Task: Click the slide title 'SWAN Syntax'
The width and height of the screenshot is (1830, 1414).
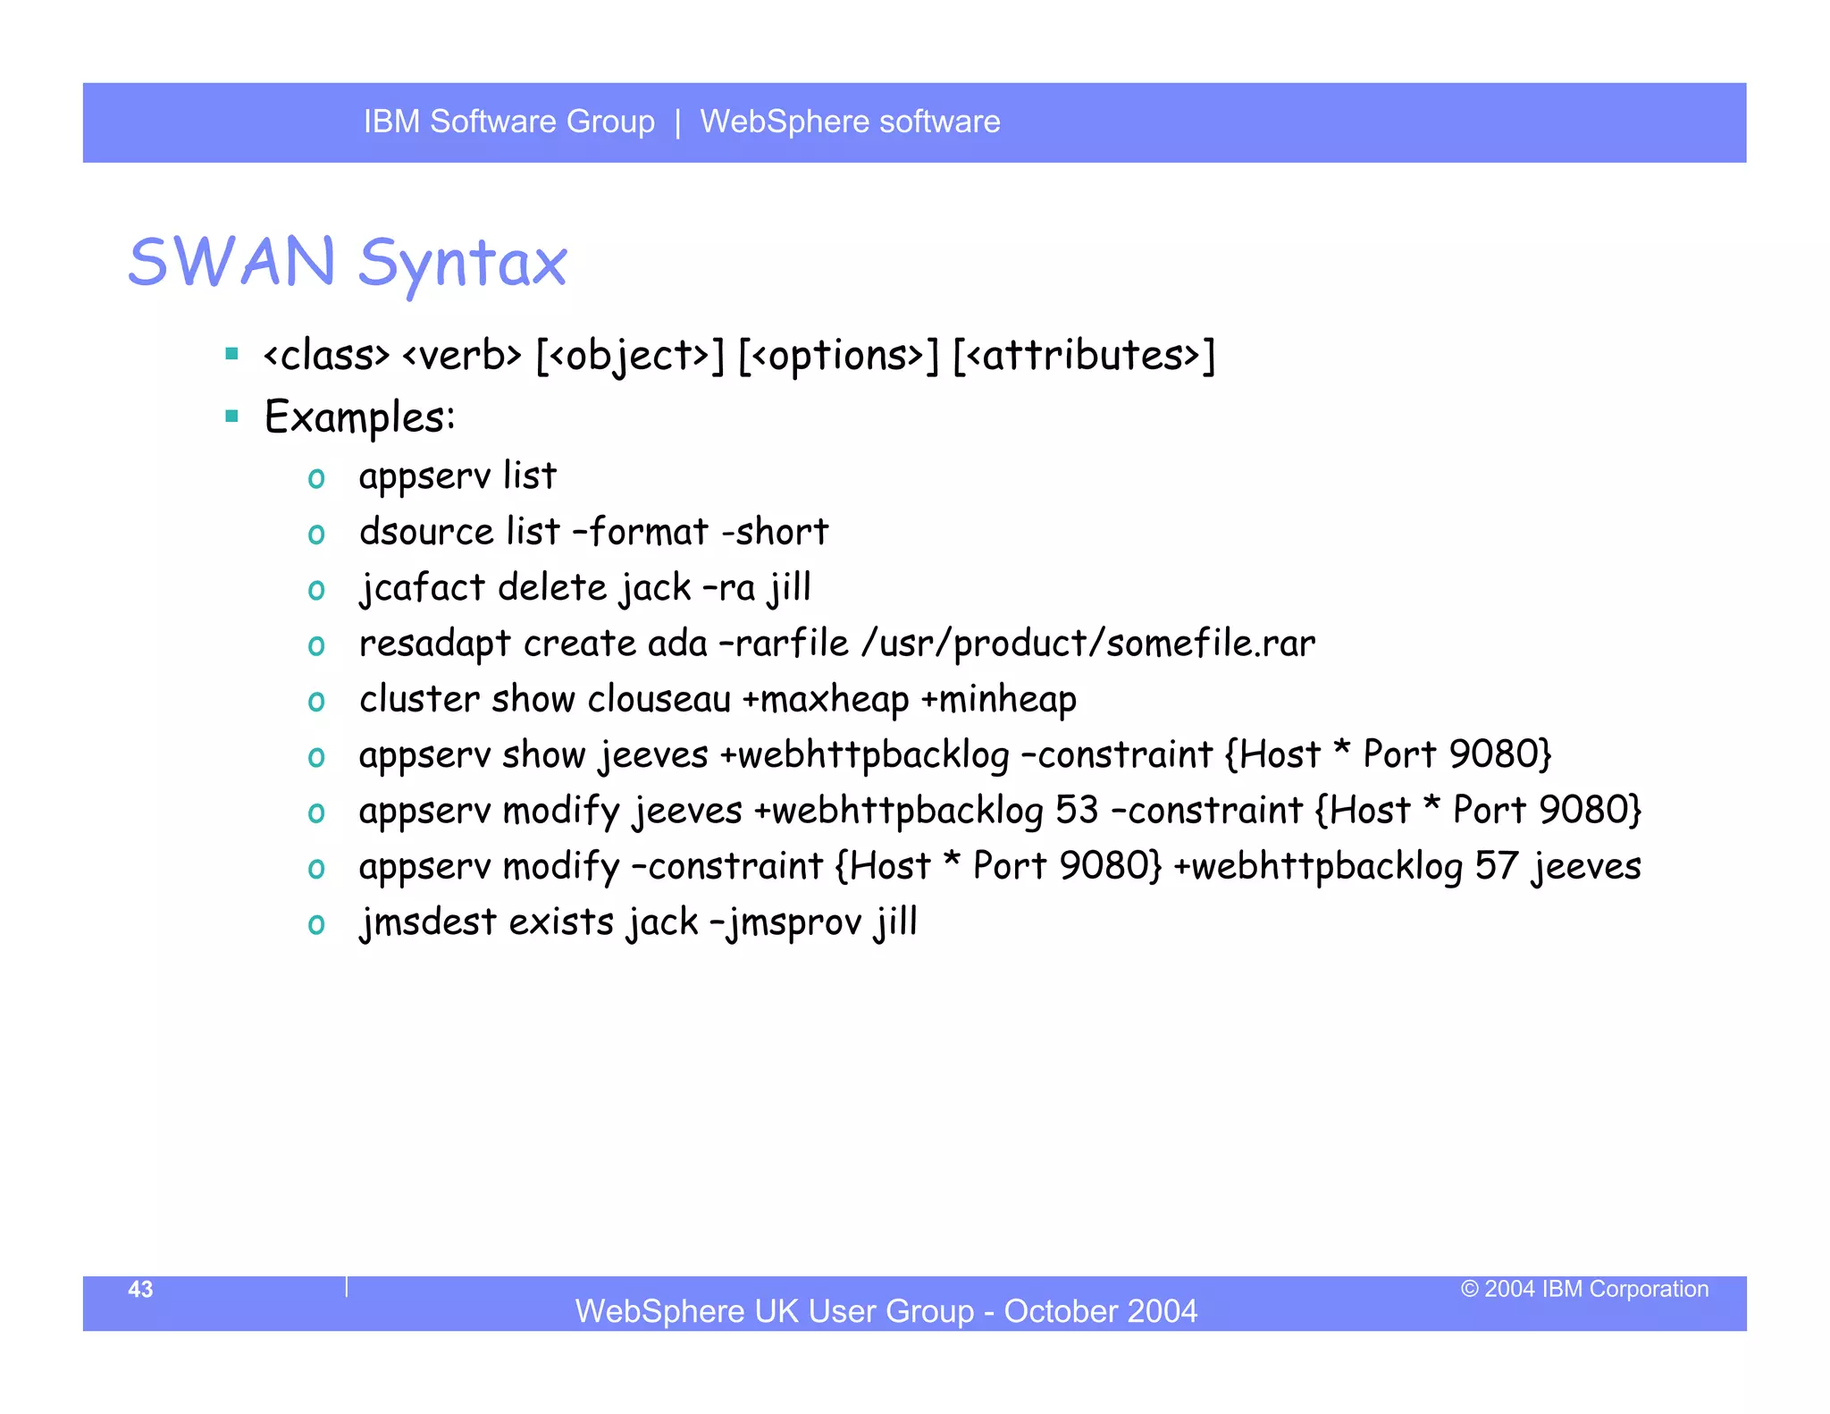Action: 348,262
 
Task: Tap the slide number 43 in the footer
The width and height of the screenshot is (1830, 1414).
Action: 140,1289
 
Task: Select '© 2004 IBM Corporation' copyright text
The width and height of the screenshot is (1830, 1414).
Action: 1584,1289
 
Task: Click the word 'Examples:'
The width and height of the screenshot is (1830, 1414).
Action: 359,417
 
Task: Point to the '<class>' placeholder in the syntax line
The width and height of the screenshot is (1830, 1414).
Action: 326,356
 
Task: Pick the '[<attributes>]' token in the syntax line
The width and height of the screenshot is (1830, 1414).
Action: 1084,356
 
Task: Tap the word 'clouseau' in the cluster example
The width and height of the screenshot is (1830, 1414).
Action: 659,699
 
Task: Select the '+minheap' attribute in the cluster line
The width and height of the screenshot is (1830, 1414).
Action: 998,699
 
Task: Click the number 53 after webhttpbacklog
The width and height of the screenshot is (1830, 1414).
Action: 1076,811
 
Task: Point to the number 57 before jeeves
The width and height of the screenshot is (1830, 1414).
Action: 1496,866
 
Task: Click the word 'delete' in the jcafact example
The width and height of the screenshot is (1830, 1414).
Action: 552,588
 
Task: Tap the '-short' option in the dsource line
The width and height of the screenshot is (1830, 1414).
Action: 775,532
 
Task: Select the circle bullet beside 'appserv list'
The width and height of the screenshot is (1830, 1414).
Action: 316,478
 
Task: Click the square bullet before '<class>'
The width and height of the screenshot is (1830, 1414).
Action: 232,354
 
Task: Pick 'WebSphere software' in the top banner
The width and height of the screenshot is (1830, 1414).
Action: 850,122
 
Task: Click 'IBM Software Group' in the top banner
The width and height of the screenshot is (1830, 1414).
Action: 508,122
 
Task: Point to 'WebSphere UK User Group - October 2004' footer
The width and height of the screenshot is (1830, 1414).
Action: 886,1310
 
